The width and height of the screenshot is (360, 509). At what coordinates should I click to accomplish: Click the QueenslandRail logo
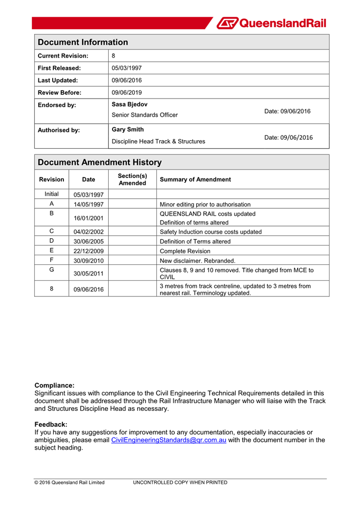(x=272, y=23)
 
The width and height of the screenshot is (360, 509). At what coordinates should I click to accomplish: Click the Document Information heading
(x=83, y=42)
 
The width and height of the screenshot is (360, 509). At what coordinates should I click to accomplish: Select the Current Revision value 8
(x=114, y=55)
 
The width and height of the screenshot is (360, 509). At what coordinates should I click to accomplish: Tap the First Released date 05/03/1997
(x=127, y=68)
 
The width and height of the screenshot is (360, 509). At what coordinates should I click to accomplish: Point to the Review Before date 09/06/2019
(x=127, y=92)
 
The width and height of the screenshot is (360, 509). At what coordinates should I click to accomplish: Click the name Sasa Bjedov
(x=130, y=104)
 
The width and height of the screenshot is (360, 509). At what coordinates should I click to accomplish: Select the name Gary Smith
(x=127, y=130)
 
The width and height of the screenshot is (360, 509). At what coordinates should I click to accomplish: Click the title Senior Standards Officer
(x=145, y=115)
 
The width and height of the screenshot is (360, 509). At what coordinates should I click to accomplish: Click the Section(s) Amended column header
(x=132, y=179)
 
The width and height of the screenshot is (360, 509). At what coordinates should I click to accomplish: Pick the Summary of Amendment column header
(x=196, y=180)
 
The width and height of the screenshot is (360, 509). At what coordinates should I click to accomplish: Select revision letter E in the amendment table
(x=52, y=251)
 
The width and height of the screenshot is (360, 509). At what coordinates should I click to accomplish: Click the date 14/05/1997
(x=89, y=204)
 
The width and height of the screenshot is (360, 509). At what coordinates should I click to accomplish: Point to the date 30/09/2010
(x=89, y=261)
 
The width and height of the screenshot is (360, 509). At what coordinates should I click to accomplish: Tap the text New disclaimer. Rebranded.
(x=197, y=261)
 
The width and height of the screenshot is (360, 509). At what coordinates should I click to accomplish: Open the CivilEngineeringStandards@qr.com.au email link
(x=169, y=440)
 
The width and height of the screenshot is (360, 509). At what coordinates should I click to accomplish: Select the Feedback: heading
(x=51, y=424)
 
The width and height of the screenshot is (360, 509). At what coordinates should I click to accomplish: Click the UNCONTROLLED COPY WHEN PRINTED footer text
(x=180, y=482)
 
